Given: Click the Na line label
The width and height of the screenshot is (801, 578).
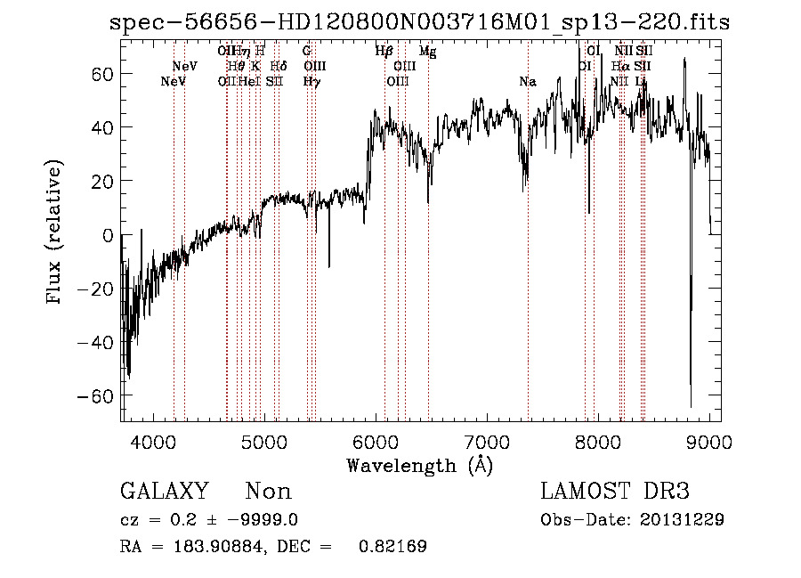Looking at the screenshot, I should pos(528,82).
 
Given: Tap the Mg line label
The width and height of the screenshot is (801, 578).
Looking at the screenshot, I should pos(428,53).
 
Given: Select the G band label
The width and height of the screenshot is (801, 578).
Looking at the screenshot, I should pos(307,52).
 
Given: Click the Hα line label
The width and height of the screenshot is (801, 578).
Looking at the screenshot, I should pos(621,66).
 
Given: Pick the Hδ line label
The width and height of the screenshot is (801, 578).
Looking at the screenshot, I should pos(279,66).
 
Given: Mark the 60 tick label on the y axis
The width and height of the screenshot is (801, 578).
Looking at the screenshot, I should pos(101,75).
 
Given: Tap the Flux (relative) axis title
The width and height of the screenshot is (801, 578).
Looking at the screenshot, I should pos(56,234).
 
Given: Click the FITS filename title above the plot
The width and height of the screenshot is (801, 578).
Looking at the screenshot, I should pos(418,23).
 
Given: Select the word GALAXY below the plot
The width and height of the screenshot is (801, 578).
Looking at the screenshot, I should pos(164,492).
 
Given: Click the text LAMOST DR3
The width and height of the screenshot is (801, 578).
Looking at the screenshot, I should pos(614,492).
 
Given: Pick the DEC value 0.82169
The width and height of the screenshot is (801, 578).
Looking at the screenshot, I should pos(392,547).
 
